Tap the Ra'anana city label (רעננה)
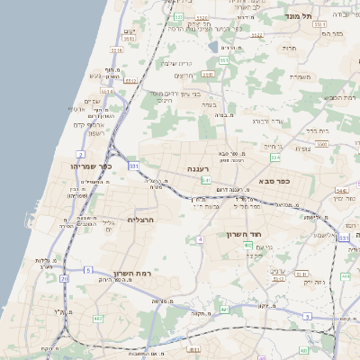pos(200,168)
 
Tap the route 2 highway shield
pos(80,154)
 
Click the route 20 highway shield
pos(64,279)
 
